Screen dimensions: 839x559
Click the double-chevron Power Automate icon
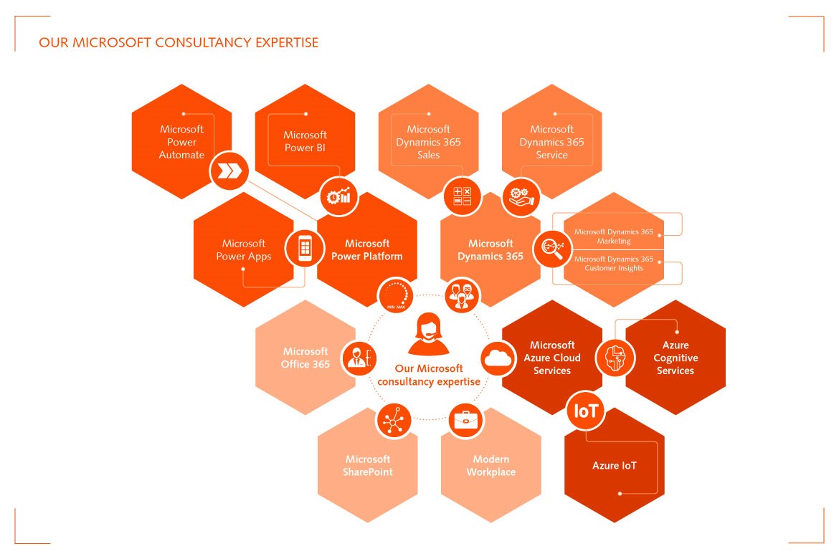(x=229, y=171)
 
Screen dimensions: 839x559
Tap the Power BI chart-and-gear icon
(x=338, y=197)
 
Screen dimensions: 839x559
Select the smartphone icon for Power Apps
(x=305, y=248)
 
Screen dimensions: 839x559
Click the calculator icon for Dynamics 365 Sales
(x=463, y=196)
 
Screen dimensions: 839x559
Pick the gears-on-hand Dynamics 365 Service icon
(x=521, y=197)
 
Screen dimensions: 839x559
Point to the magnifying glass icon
(x=553, y=249)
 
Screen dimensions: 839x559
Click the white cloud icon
(x=498, y=358)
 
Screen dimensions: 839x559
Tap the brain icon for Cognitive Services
(x=615, y=358)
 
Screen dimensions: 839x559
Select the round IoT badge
(x=585, y=411)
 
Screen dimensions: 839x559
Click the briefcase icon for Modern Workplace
(x=465, y=421)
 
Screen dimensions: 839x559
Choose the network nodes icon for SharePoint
(x=394, y=421)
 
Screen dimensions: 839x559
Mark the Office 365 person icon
(x=359, y=358)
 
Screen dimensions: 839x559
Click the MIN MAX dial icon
(x=396, y=295)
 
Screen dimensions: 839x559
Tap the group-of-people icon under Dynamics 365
(x=462, y=295)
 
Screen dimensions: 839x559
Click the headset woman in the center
(x=429, y=335)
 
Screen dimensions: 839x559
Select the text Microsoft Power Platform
(x=367, y=250)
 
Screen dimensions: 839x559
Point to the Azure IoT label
(x=615, y=465)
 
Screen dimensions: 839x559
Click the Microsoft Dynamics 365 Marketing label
(x=614, y=236)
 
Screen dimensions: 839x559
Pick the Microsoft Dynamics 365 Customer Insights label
(x=614, y=263)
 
